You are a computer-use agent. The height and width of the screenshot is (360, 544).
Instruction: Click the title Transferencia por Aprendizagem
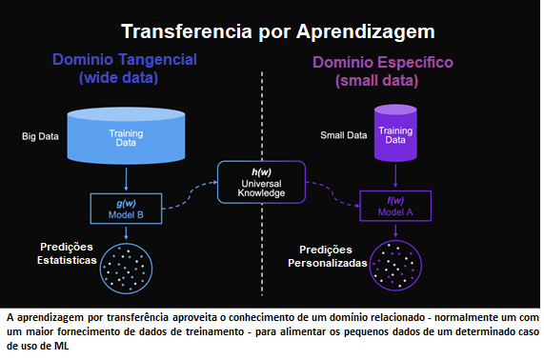[272, 31]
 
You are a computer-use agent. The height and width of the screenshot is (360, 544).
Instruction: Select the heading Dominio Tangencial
[125, 60]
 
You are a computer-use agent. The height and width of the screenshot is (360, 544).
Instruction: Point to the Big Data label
[39, 136]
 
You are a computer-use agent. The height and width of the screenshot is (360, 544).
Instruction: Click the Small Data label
[343, 135]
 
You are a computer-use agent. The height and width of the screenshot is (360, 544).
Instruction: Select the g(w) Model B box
[127, 207]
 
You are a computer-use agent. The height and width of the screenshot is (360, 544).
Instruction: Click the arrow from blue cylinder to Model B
[127, 180]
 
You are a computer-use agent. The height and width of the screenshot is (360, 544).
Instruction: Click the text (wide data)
[125, 77]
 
